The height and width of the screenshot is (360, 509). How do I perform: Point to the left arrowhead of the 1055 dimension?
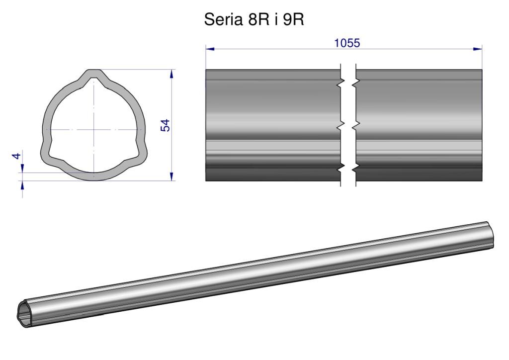coord(210,49)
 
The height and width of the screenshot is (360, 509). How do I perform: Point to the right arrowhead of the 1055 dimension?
coord(478,49)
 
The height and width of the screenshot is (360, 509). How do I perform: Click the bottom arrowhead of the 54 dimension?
coord(171,177)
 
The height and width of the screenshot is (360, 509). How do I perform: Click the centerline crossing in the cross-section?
coord(94,130)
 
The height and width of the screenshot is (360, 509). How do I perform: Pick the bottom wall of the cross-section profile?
coord(94,177)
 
